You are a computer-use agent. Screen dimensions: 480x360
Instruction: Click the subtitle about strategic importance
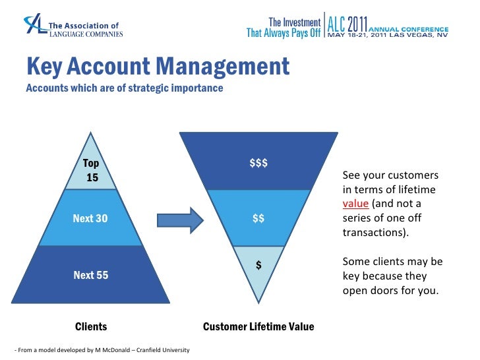[x=124, y=88]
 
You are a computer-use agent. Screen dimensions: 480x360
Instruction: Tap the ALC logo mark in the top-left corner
[x=35, y=24]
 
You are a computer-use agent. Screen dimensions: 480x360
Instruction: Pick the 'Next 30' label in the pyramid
[x=90, y=218]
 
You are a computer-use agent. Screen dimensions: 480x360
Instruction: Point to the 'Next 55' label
[x=90, y=275]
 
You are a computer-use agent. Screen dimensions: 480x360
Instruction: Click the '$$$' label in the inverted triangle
[x=258, y=163]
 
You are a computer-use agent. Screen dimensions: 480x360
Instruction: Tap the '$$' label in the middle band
[x=258, y=218]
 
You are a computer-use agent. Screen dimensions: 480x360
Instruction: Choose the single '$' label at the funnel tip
[x=259, y=265]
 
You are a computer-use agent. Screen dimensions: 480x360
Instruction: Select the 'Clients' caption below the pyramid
[x=91, y=326]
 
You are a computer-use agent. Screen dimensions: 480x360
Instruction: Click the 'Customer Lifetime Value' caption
[x=258, y=326]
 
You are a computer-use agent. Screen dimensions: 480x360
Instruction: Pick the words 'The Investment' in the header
[x=293, y=22]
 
